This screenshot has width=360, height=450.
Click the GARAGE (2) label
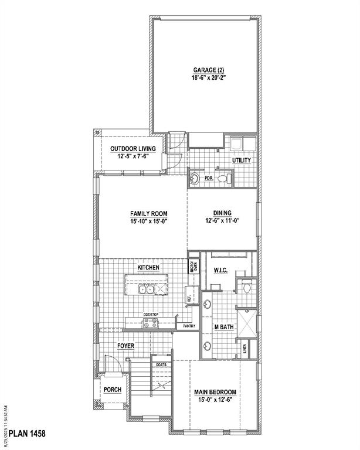coord(205,70)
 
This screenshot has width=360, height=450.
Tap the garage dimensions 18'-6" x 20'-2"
coord(205,78)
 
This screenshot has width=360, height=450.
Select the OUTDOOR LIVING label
coord(133,149)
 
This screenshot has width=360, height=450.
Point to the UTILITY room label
coord(241,159)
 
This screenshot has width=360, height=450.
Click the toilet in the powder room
coord(225,178)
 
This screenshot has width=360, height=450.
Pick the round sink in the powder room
coord(195,178)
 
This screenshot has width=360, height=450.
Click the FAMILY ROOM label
coord(149,214)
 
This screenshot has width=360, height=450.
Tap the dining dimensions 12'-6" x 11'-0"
coord(222,221)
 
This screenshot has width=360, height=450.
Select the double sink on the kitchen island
coord(146,289)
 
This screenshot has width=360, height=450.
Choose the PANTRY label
coord(189,326)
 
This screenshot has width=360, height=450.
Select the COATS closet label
coord(161,364)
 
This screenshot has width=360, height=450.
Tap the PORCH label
coord(112,390)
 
